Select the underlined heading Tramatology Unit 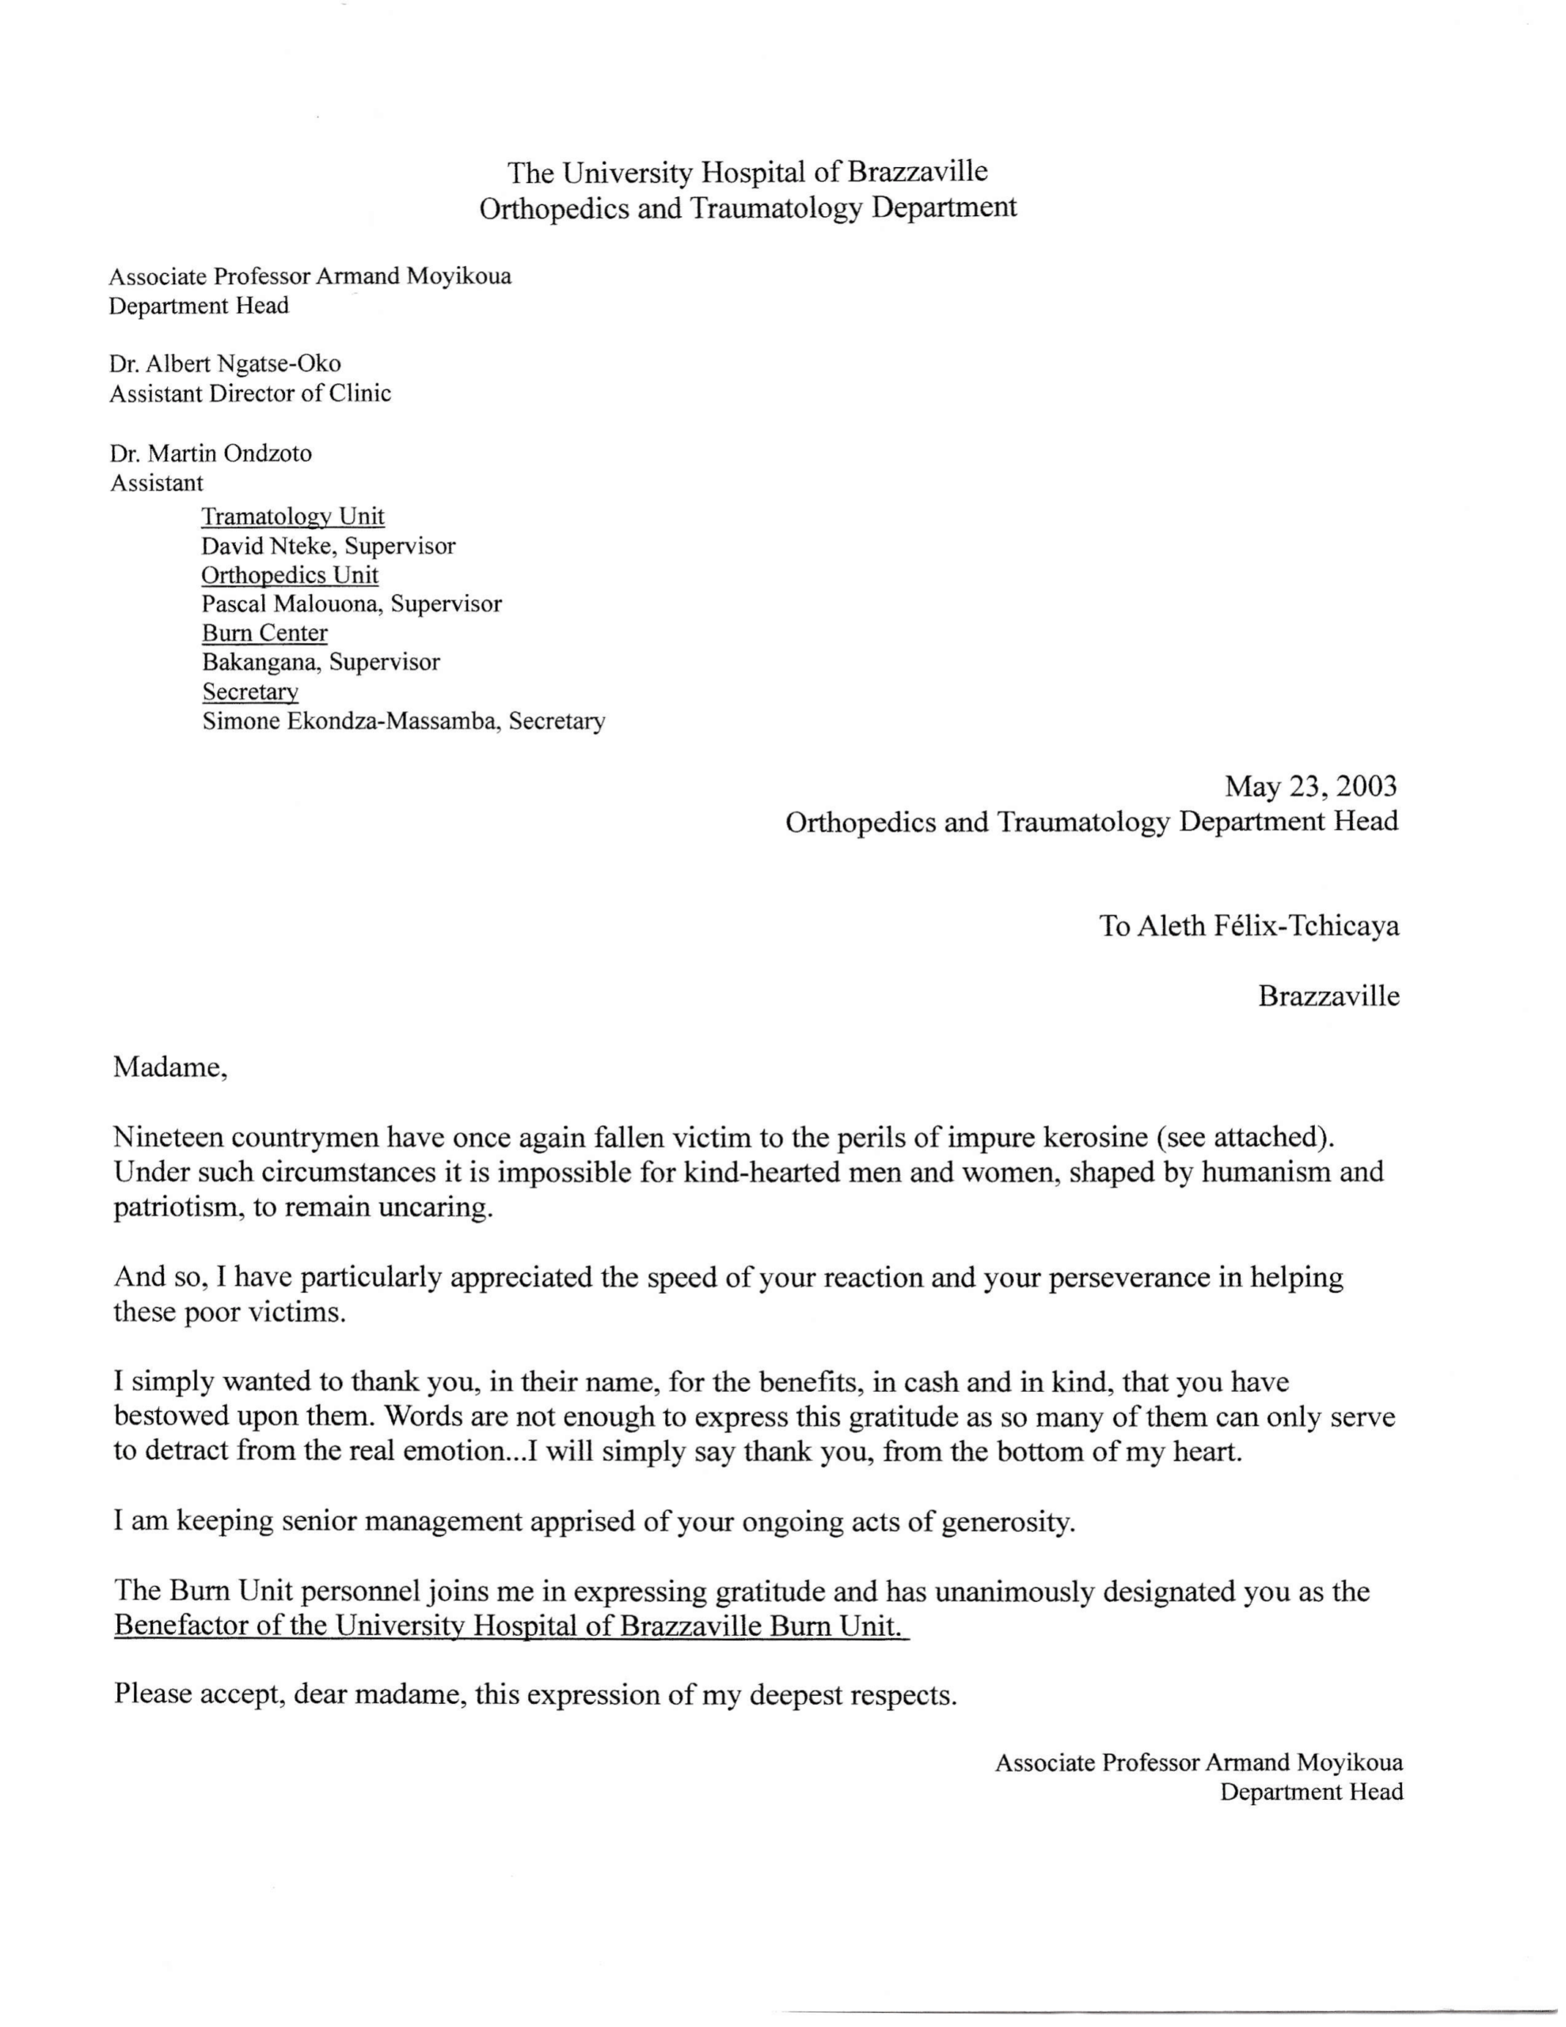click(292, 516)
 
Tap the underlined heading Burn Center click(264, 633)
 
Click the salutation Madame click(169, 1067)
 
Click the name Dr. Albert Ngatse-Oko click(225, 363)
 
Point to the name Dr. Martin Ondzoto click(211, 454)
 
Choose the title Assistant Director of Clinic click(249, 394)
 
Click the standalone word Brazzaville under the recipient click(1328, 996)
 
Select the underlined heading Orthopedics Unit click(290, 576)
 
